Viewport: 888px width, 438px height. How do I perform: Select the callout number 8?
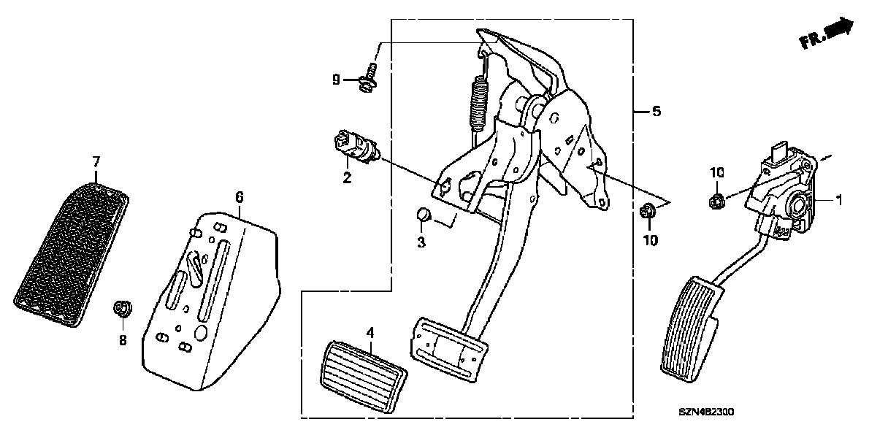[123, 339]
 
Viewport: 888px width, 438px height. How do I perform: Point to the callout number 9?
[336, 80]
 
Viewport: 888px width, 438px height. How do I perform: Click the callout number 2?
[347, 178]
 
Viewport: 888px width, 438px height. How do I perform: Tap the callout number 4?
[370, 333]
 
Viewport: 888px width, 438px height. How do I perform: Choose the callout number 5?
[656, 112]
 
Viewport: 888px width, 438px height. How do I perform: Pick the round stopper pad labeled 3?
[423, 214]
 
